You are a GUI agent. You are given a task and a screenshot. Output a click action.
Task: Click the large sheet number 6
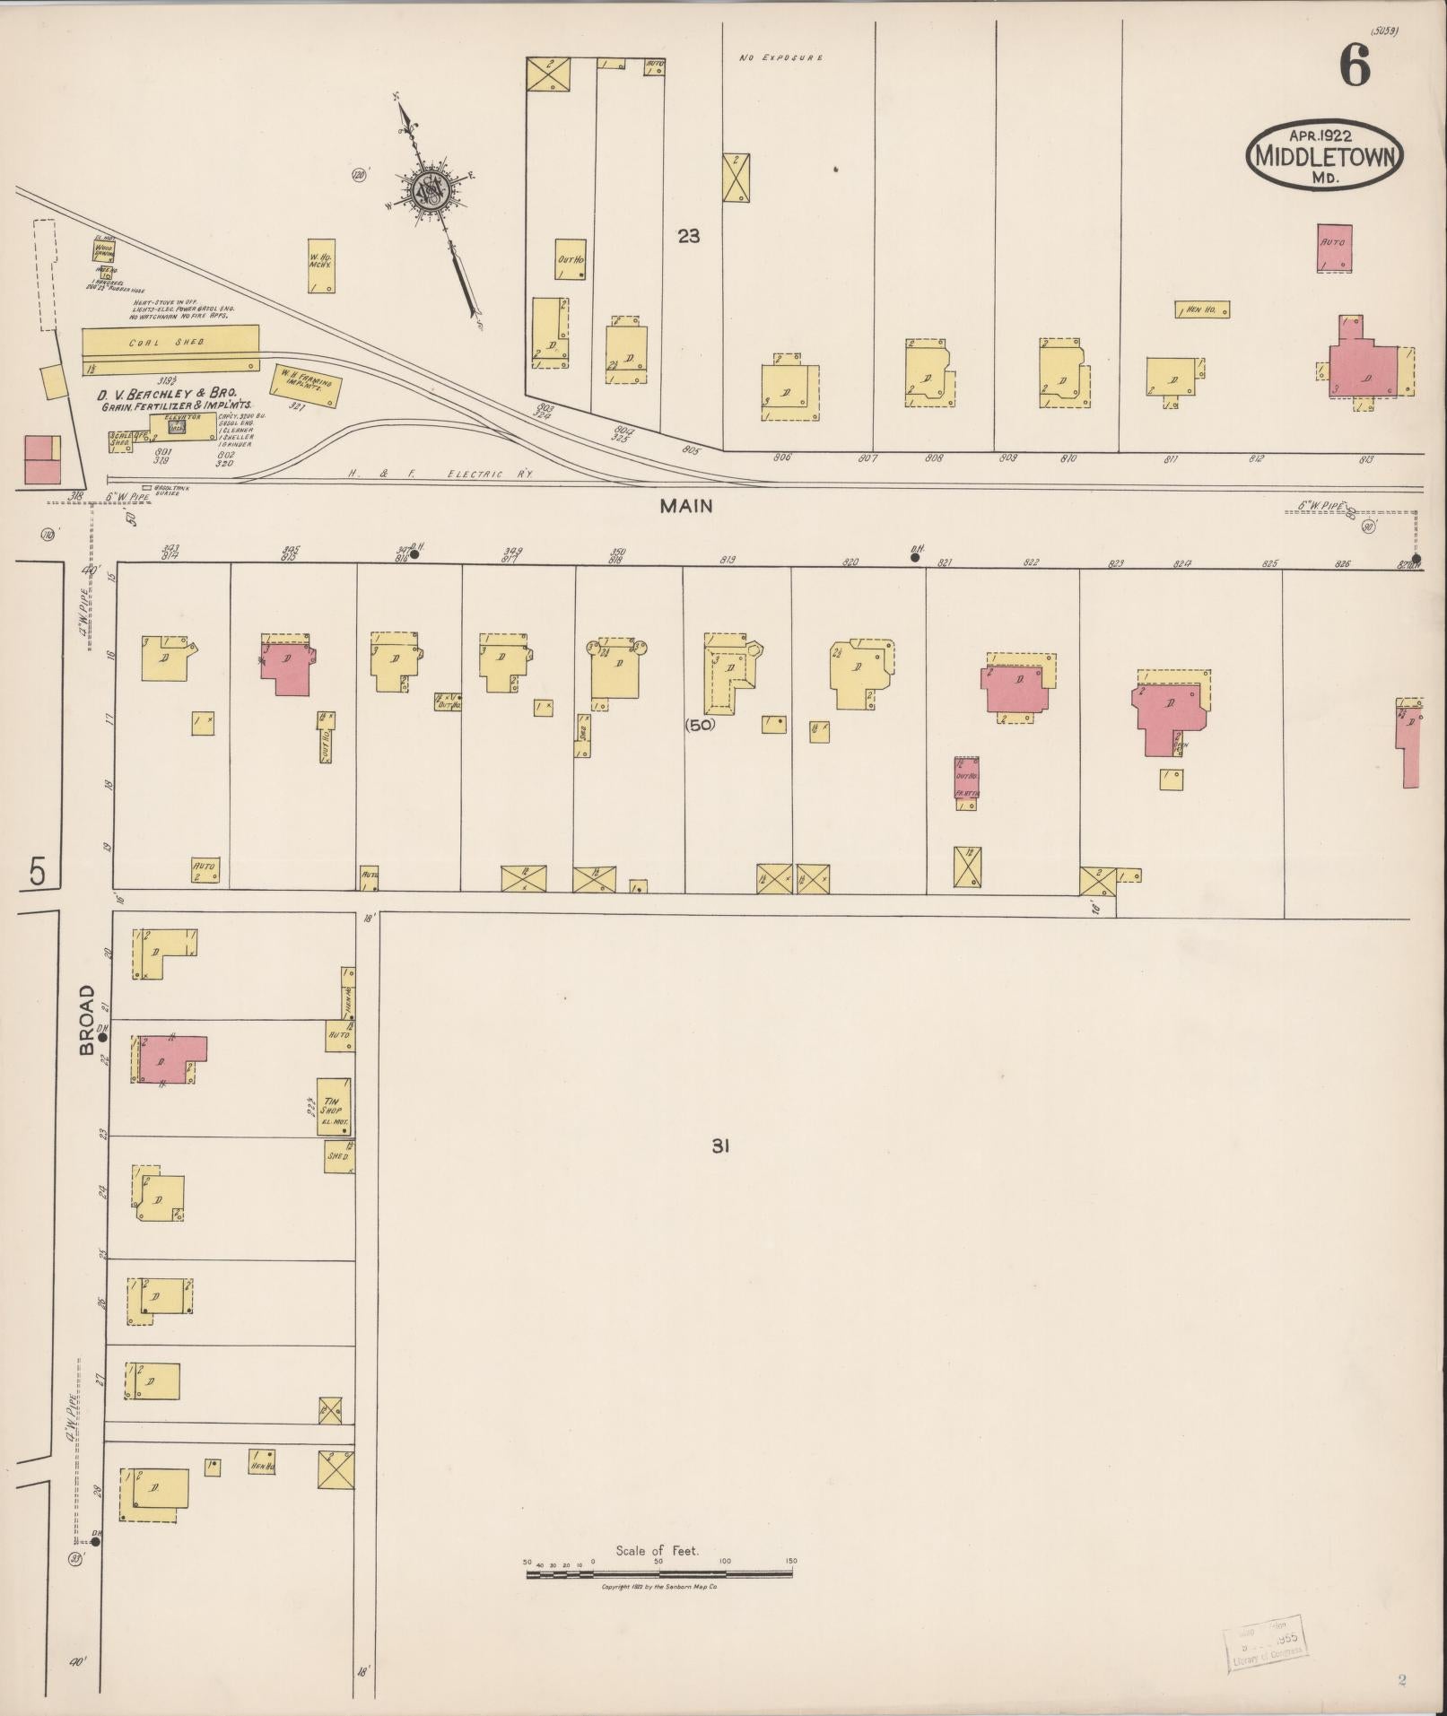[x=1355, y=66]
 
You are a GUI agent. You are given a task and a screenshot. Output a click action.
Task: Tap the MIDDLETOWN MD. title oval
[x=1323, y=154]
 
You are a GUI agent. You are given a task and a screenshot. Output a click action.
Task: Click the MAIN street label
[x=685, y=506]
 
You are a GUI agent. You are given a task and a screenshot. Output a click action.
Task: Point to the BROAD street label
[x=87, y=1019]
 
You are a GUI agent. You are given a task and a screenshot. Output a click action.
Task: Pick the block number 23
[x=688, y=237]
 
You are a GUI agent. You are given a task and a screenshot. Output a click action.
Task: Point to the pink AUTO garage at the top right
[x=1334, y=248]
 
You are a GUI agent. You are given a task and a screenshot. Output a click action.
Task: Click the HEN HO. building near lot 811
[x=1202, y=309]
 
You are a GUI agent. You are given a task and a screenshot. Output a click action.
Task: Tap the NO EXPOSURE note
[x=780, y=57]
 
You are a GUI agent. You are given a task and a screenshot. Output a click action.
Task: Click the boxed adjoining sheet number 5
[x=37, y=871]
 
